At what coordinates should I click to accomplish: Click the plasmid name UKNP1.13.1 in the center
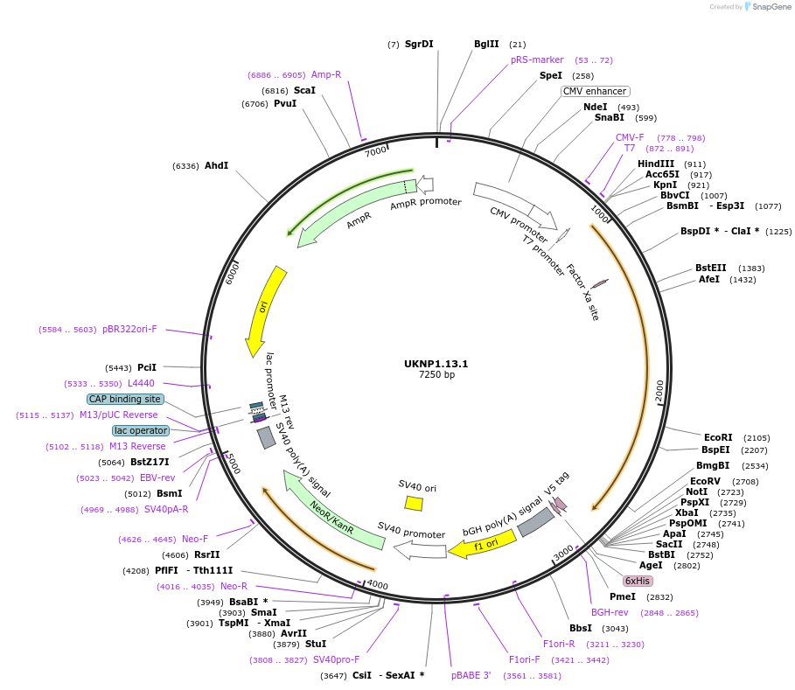pos(436,364)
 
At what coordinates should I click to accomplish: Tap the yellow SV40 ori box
pos(414,503)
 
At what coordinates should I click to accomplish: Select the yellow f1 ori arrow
pos(482,544)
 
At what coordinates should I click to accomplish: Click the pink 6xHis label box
pos(637,581)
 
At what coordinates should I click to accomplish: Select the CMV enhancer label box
pos(595,91)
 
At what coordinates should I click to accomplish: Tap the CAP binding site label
pos(125,399)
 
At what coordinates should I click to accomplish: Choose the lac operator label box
pos(140,430)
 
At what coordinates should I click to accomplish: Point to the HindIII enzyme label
pos(656,164)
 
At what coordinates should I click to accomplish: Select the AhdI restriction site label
pos(216,165)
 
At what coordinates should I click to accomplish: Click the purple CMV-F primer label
pos(630,137)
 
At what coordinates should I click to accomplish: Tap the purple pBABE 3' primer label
pos(471,675)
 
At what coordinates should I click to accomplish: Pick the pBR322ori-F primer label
pos(129,330)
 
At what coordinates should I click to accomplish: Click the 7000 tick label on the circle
pos(377,151)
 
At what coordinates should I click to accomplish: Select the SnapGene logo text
pos(767,7)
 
